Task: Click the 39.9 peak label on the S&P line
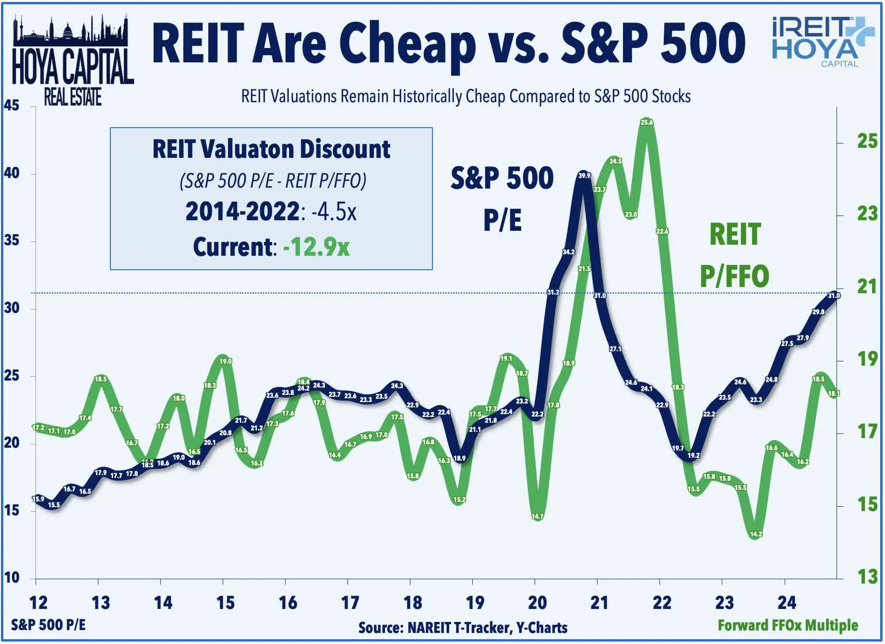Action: coord(584,176)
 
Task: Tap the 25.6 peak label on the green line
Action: coord(646,122)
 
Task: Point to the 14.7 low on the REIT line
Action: coord(538,516)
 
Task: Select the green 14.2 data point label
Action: coord(756,534)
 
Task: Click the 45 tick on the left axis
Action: coord(12,106)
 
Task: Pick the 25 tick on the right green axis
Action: coord(867,142)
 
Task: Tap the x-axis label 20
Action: coord(537,603)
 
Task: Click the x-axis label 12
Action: coord(38,603)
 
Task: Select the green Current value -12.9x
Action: coord(316,247)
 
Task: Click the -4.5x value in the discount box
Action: coord(334,212)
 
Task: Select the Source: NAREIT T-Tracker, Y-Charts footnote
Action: coord(463,628)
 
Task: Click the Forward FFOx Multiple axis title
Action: coord(788,625)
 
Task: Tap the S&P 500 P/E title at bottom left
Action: coord(48,625)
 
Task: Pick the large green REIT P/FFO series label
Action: coord(734,255)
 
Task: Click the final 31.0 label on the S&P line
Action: coord(834,296)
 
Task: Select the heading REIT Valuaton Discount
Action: coord(271,149)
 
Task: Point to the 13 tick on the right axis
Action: coord(867,576)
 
